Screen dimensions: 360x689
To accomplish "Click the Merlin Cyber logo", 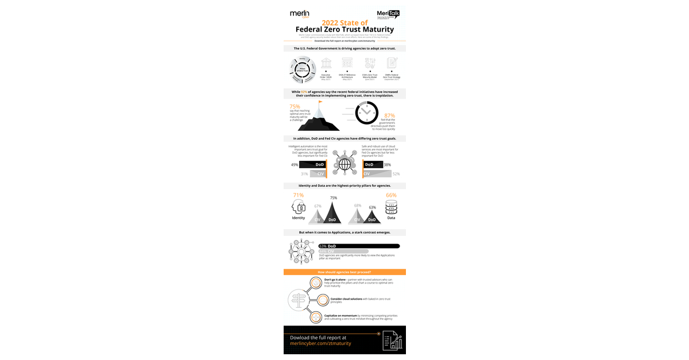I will click(x=300, y=14).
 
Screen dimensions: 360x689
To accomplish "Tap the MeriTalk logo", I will click(x=388, y=14).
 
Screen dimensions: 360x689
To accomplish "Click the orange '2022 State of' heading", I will click(x=344, y=22).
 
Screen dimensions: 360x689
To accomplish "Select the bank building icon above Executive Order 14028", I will click(x=326, y=63).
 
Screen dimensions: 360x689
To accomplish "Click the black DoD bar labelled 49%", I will click(x=312, y=164).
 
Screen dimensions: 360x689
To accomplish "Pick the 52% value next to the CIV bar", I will click(x=396, y=173).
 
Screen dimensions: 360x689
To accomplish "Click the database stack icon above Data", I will click(x=391, y=207).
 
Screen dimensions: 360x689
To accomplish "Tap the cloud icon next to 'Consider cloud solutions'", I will click(x=315, y=300).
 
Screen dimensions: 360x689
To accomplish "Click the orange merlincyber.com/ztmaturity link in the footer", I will click(x=320, y=343).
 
